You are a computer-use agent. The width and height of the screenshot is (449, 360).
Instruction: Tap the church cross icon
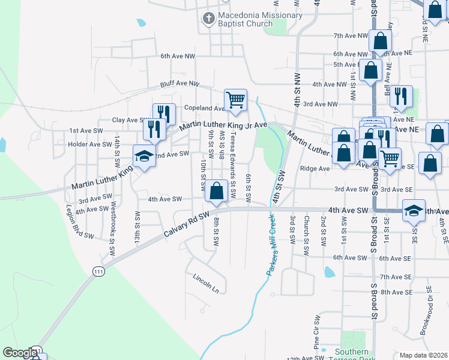(x=208, y=19)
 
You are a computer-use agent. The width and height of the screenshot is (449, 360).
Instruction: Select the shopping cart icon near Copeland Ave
(x=235, y=100)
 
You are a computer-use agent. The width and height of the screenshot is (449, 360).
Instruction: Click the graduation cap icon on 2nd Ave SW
(x=143, y=157)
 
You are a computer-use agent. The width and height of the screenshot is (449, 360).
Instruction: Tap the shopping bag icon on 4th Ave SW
(x=216, y=191)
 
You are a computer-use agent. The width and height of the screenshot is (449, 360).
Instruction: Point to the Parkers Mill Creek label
(x=271, y=245)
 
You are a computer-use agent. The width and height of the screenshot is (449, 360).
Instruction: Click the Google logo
(x=20, y=353)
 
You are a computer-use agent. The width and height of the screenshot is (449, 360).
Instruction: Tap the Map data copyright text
(x=424, y=355)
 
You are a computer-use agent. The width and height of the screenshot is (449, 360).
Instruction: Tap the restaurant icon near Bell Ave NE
(x=401, y=96)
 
